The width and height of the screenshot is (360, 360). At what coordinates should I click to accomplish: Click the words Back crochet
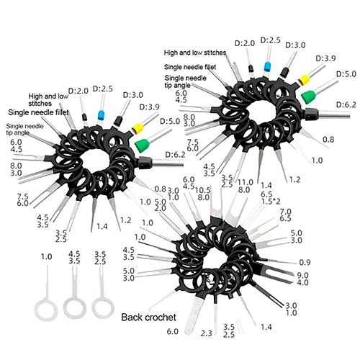(148, 318)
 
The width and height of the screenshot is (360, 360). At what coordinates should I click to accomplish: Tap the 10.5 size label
(203, 190)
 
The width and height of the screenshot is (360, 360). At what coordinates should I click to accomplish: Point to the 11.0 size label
(246, 182)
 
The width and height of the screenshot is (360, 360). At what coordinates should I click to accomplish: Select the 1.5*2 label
(271, 202)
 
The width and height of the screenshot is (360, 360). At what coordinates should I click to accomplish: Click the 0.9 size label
(305, 263)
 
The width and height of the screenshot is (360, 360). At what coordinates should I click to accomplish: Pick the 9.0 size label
(303, 275)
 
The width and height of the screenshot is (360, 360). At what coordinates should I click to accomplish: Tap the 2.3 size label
(207, 333)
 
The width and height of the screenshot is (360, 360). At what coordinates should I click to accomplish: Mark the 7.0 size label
(286, 212)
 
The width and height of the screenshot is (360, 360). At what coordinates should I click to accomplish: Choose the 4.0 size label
(303, 282)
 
